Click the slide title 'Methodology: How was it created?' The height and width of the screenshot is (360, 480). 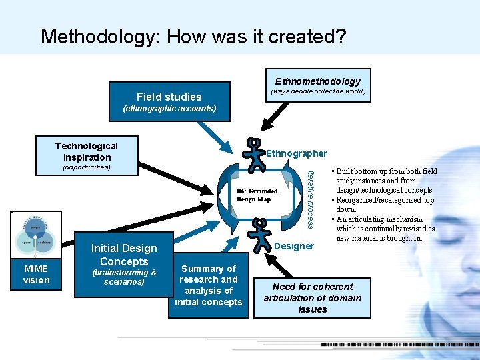[x=193, y=36]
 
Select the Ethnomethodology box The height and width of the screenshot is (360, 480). [x=317, y=81]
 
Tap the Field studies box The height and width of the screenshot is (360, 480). [x=169, y=97]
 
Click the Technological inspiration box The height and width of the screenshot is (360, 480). [x=86, y=151]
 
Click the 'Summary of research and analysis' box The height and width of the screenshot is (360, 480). [x=209, y=285]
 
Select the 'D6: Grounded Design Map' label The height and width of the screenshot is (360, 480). [x=257, y=195]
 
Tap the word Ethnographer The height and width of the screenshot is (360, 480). [x=297, y=153]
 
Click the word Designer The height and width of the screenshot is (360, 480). [x=294, y=246]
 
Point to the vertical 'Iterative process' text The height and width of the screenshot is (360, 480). [x=308, y=197]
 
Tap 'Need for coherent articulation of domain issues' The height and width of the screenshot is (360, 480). [x=312, y=298]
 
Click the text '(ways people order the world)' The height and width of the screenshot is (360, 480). [x=317, y=91]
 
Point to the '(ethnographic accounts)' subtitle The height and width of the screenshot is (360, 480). [x=169, y=108]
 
